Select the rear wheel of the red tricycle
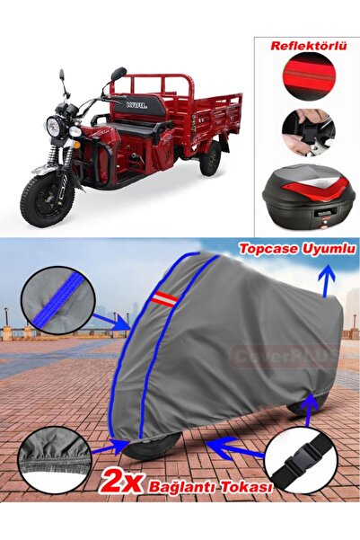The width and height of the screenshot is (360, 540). pyautogui.click(x=210, y=158)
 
